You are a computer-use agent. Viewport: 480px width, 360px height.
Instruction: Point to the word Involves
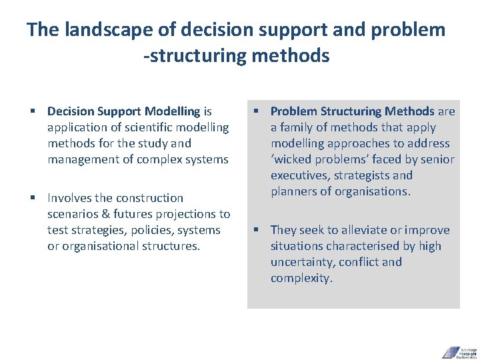[71, 198]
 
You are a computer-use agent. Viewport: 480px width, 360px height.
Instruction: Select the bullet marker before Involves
[33, 198]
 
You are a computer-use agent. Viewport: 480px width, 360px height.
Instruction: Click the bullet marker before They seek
[255, 230]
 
